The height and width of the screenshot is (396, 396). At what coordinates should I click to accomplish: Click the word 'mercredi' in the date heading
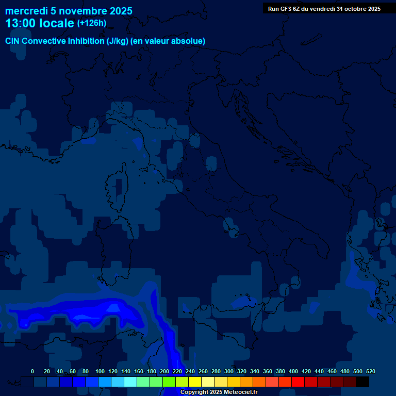click(26, 11)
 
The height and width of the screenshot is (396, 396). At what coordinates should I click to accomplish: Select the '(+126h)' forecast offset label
click(92, 23)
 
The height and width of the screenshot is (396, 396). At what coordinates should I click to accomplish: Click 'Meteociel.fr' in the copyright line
click(241, 392)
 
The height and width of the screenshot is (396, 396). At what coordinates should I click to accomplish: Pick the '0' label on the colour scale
click(32, 372)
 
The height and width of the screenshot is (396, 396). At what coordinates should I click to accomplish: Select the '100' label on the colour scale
click(100, 372)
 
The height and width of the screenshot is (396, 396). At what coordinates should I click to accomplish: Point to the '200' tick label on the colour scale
click(164, 372)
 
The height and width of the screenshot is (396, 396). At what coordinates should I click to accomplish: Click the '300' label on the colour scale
click(229, 372)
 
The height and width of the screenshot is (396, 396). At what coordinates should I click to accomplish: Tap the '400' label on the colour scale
click(293, 372)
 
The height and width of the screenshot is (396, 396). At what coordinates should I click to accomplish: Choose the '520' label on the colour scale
click(370, 372)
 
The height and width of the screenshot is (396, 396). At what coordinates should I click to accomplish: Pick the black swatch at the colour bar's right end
click(362, 382)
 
